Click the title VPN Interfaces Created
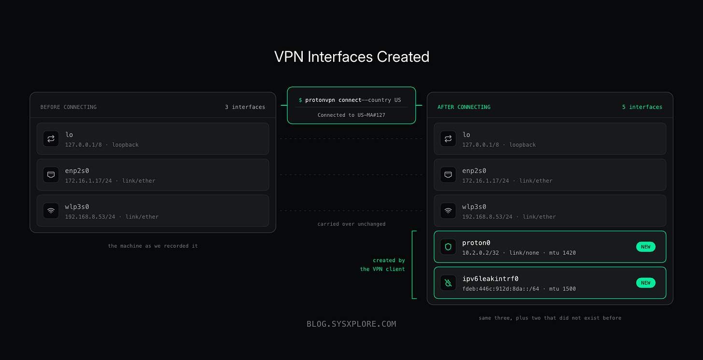351,57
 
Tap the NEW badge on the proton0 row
646,247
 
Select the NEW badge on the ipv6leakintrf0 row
646,283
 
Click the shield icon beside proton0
448,247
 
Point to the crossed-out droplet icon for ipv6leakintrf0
448,283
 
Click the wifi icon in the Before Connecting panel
51,211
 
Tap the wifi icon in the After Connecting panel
448,211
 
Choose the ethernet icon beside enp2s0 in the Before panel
51,175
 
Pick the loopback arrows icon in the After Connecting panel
448,138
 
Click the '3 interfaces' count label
245,107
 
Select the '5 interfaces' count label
642,107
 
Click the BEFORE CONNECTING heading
69,107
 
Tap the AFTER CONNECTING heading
464,107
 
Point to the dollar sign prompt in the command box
300,100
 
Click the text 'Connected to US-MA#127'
351,115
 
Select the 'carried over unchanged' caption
351,224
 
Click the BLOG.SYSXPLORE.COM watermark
351,324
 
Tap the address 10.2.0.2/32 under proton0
480,253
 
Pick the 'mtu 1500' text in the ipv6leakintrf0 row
562,289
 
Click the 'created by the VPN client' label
382,264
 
